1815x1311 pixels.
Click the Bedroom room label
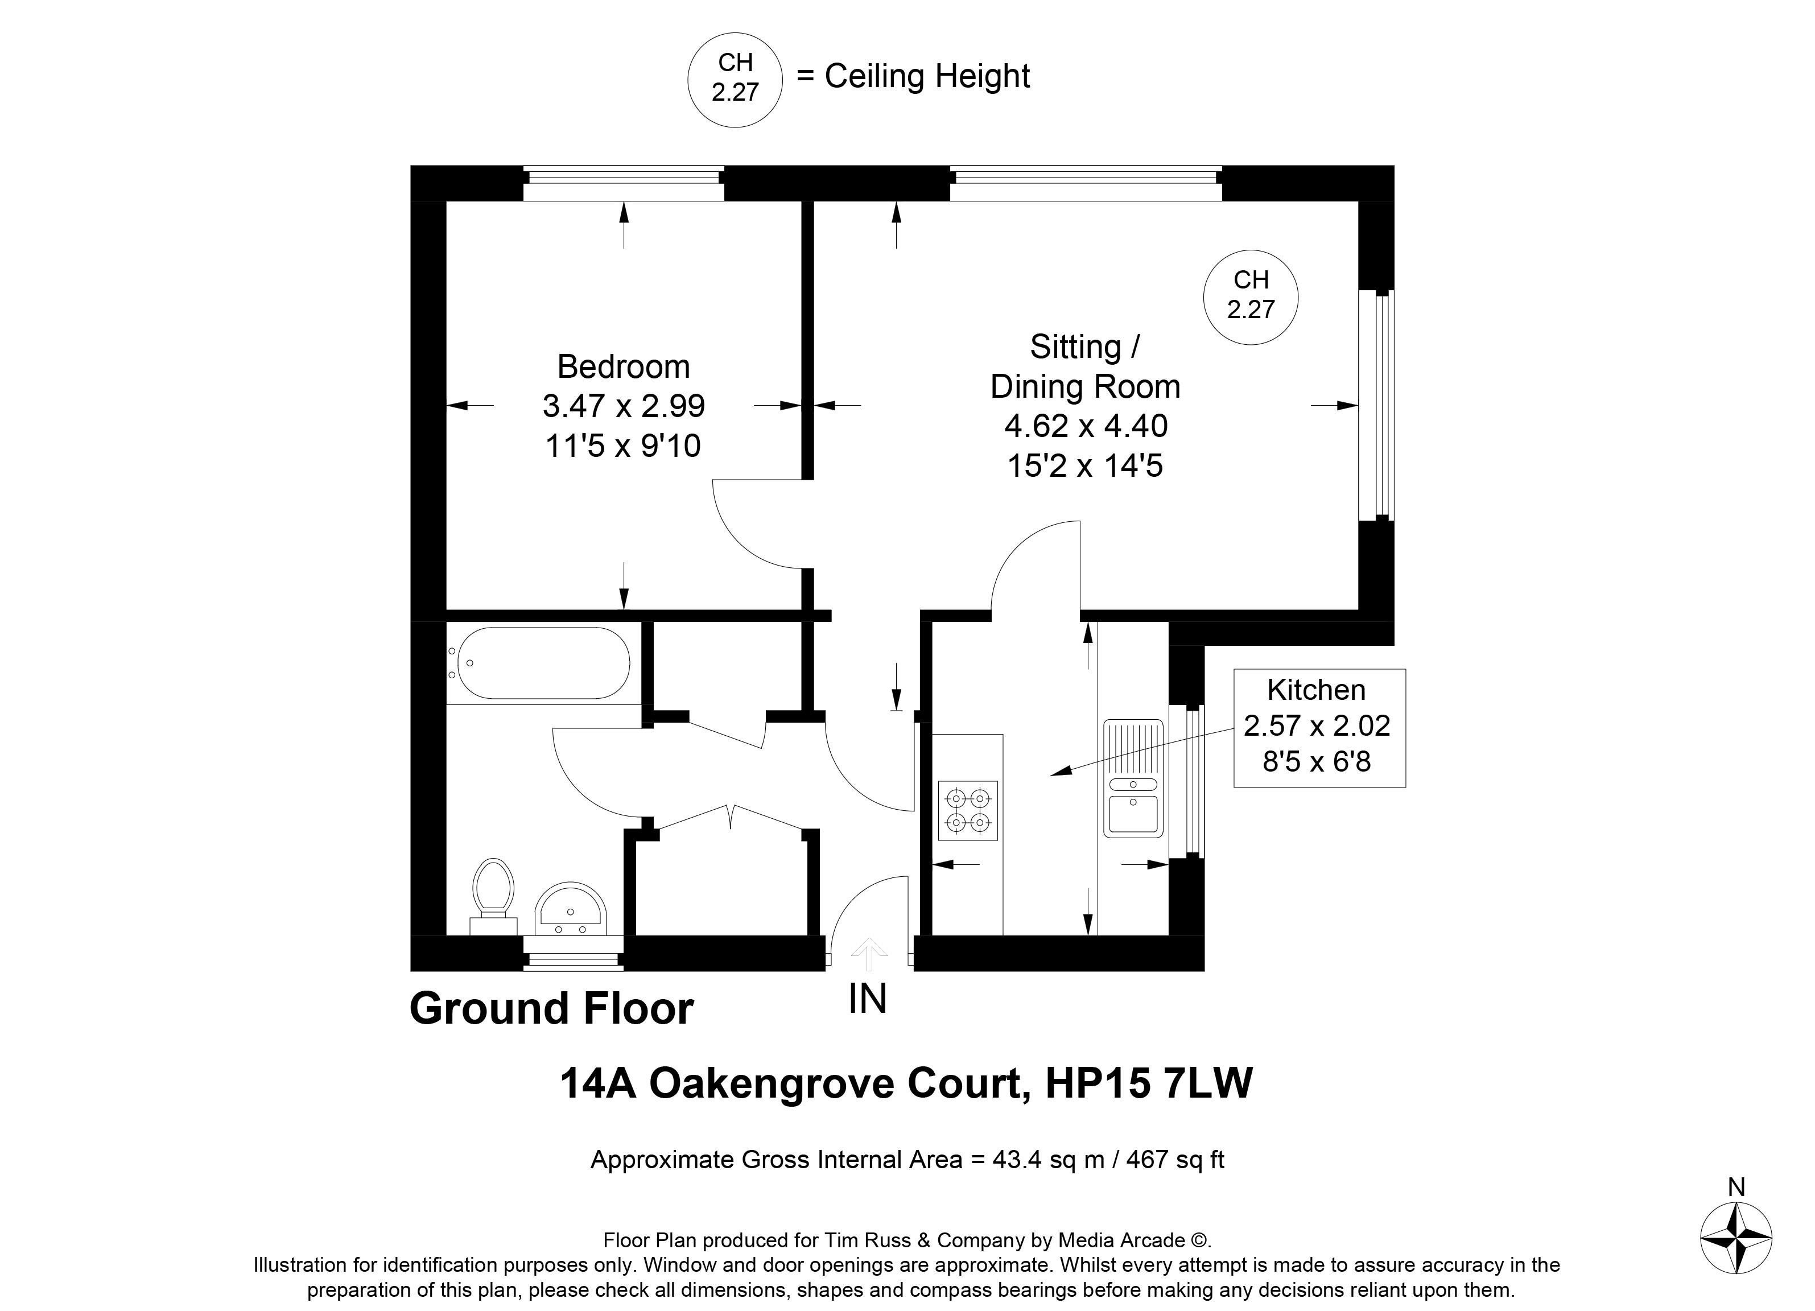click(624, 366)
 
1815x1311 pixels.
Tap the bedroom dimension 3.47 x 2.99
click(624, 406)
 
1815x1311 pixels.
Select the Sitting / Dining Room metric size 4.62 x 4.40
click(1086, 426)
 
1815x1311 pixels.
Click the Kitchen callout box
click(1319, 728)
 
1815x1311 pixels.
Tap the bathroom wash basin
click(571, 909)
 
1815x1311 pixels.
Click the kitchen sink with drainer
click(1133, 778)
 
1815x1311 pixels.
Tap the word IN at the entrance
click(868, 998)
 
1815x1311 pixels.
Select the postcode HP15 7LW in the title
click(1149, 1084)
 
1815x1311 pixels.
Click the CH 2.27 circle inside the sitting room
click(1251, 297)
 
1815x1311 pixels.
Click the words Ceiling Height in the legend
click(927, 77)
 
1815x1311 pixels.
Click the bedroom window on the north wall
click(624, 183)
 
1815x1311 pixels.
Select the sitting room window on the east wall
click(1376, 405)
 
